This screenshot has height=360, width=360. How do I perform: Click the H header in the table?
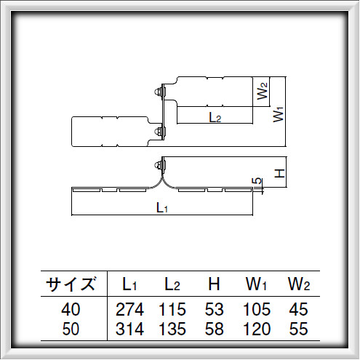(214, 283)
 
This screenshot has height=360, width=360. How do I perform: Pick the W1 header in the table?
(256, 283)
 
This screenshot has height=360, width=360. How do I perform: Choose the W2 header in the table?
(299, 283)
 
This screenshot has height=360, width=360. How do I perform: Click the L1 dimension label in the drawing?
(163, 208)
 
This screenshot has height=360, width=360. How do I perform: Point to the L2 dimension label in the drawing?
(215, 117)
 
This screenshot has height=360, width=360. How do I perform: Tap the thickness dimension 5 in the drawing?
(256, 180)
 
